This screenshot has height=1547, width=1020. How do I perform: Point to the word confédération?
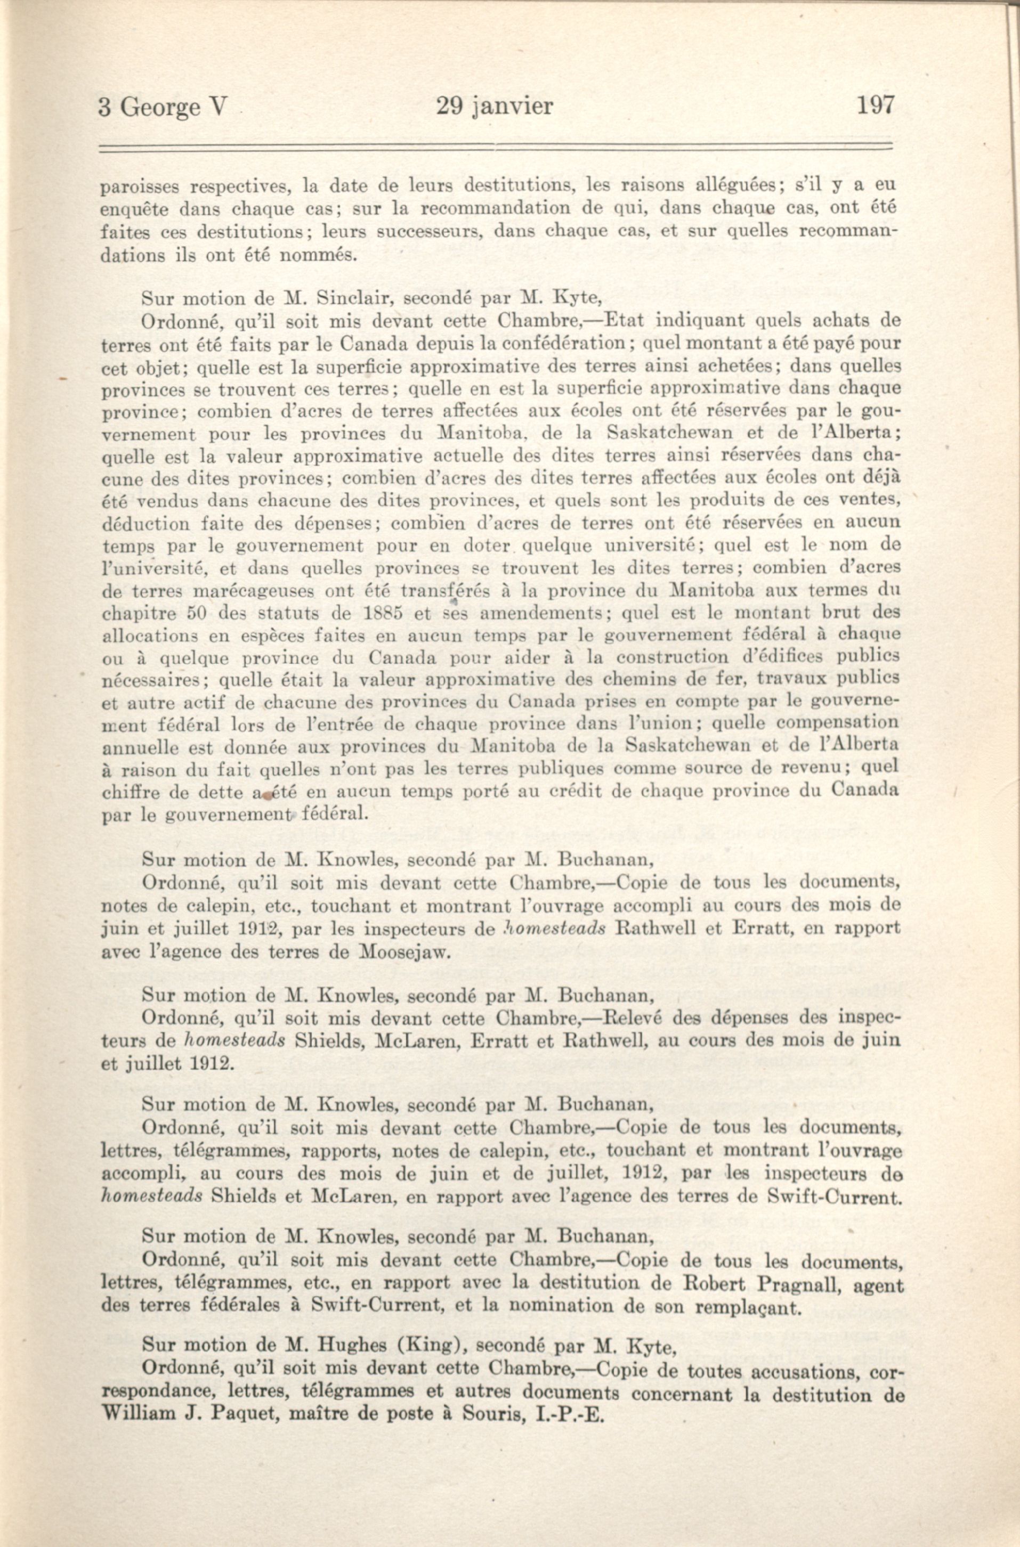coord(564,343)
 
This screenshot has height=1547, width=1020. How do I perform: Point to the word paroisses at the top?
coord(138,188)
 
